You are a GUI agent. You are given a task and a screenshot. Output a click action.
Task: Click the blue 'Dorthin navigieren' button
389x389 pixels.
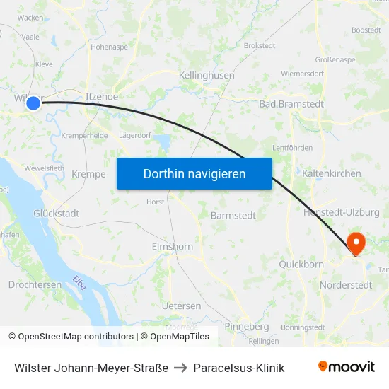point(194,173)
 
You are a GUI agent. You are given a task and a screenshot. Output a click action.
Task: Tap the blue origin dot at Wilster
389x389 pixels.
point(33,103)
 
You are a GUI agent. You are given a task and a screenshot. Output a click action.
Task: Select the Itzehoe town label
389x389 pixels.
point(101,96)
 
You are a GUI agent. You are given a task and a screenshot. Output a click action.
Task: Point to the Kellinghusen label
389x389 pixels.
point(207,75)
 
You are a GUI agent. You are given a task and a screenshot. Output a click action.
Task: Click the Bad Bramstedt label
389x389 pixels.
point(291,104)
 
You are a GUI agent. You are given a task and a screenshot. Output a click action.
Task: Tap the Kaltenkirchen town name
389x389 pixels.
point(331,173)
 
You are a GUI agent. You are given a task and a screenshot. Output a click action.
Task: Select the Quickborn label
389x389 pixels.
point(301,265)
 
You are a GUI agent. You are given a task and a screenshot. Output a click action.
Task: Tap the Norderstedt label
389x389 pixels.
point(347,285)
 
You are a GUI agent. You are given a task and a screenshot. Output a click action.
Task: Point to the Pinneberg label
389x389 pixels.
point(246,327)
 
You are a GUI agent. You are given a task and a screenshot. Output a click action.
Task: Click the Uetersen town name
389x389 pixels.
point(181,306)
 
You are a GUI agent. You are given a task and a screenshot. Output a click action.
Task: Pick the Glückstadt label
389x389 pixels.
point(57,213)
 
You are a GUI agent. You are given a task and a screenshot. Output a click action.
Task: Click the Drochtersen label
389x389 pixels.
point(35,284)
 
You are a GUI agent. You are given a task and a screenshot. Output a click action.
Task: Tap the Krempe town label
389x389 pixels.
point(88,175)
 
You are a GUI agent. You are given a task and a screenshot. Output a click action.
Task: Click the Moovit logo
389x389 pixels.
point(347,367)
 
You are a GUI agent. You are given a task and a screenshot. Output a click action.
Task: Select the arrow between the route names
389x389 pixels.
point(180,368)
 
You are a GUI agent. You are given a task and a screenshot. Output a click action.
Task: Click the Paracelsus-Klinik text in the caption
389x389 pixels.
point(239,368)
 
